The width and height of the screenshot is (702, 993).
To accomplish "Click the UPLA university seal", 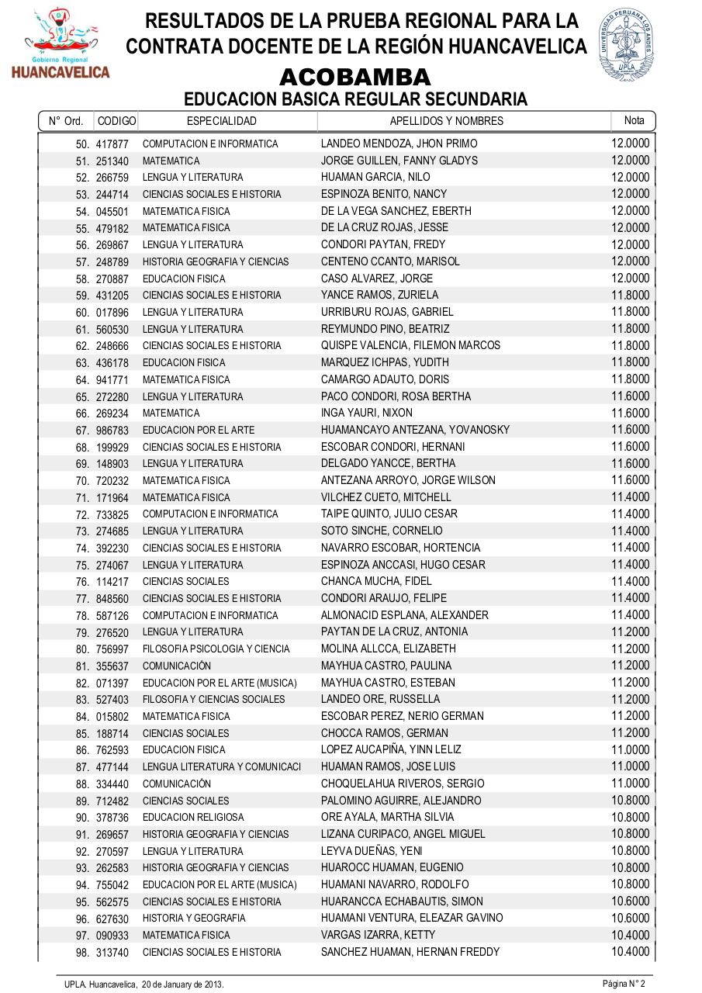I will click(x=627, y=45).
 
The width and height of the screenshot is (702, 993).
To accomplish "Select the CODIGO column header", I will click(x=117, y=121).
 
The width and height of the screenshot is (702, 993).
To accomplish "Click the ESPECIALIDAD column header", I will click(x=222, y=121).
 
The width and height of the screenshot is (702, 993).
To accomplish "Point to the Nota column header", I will click(x=634, y=120).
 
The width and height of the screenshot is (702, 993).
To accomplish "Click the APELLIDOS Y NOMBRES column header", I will click(x=446, y=121).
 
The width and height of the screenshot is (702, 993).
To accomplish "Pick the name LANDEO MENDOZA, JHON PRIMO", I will click(x=399, y=144).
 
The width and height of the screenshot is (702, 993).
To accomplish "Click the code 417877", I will click(x=112, y=144).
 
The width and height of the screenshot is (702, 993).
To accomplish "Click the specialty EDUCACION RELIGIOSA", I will click(x=193, y=817).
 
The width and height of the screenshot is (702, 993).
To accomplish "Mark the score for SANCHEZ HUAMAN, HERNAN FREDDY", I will click(x=630, y=952).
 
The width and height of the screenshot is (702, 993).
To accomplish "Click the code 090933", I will click(x=112, y=936).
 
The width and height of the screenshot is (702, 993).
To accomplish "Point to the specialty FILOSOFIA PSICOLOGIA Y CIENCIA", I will click(x=216, y=649).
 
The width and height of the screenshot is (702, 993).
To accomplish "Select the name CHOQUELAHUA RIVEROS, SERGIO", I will click(x=403, y=784).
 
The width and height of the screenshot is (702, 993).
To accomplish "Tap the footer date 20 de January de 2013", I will click(x=182, y=984).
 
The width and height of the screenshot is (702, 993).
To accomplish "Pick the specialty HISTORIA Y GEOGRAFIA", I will click(x=194, y=918).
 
